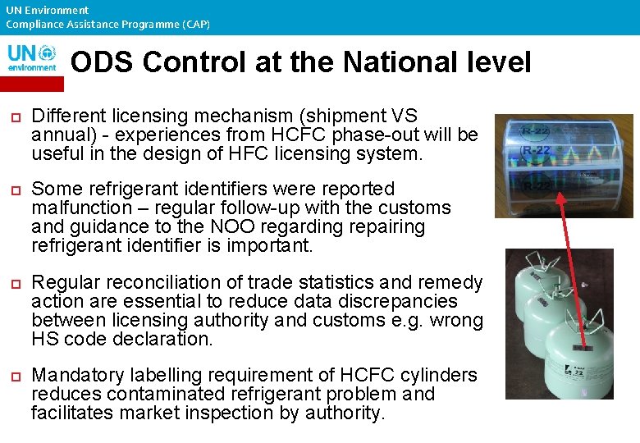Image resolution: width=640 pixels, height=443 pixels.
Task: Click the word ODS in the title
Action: [x=102, y=62]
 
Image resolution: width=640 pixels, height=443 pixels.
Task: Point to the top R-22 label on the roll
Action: [x=537, y=130]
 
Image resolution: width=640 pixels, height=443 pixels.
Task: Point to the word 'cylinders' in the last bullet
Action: [x=439, y=375]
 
